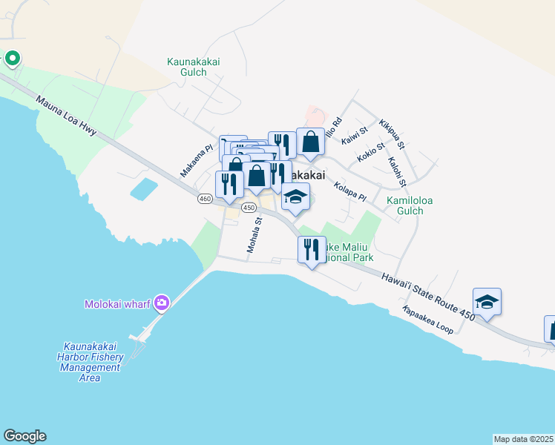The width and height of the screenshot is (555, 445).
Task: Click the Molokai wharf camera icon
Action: point(162,303)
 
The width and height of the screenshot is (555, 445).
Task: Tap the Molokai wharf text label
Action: point(119,303)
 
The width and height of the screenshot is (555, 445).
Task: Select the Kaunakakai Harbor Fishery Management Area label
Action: point(91,362)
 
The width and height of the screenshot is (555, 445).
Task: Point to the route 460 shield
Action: point(206,199)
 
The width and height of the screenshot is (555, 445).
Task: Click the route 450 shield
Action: point(249,208)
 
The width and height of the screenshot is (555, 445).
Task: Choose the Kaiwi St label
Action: point(355,136)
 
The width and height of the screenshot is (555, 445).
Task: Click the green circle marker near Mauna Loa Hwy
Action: point(13,58)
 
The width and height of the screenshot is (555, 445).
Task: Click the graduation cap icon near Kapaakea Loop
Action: point(487,301)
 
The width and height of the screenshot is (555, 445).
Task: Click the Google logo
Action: point(24,436)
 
